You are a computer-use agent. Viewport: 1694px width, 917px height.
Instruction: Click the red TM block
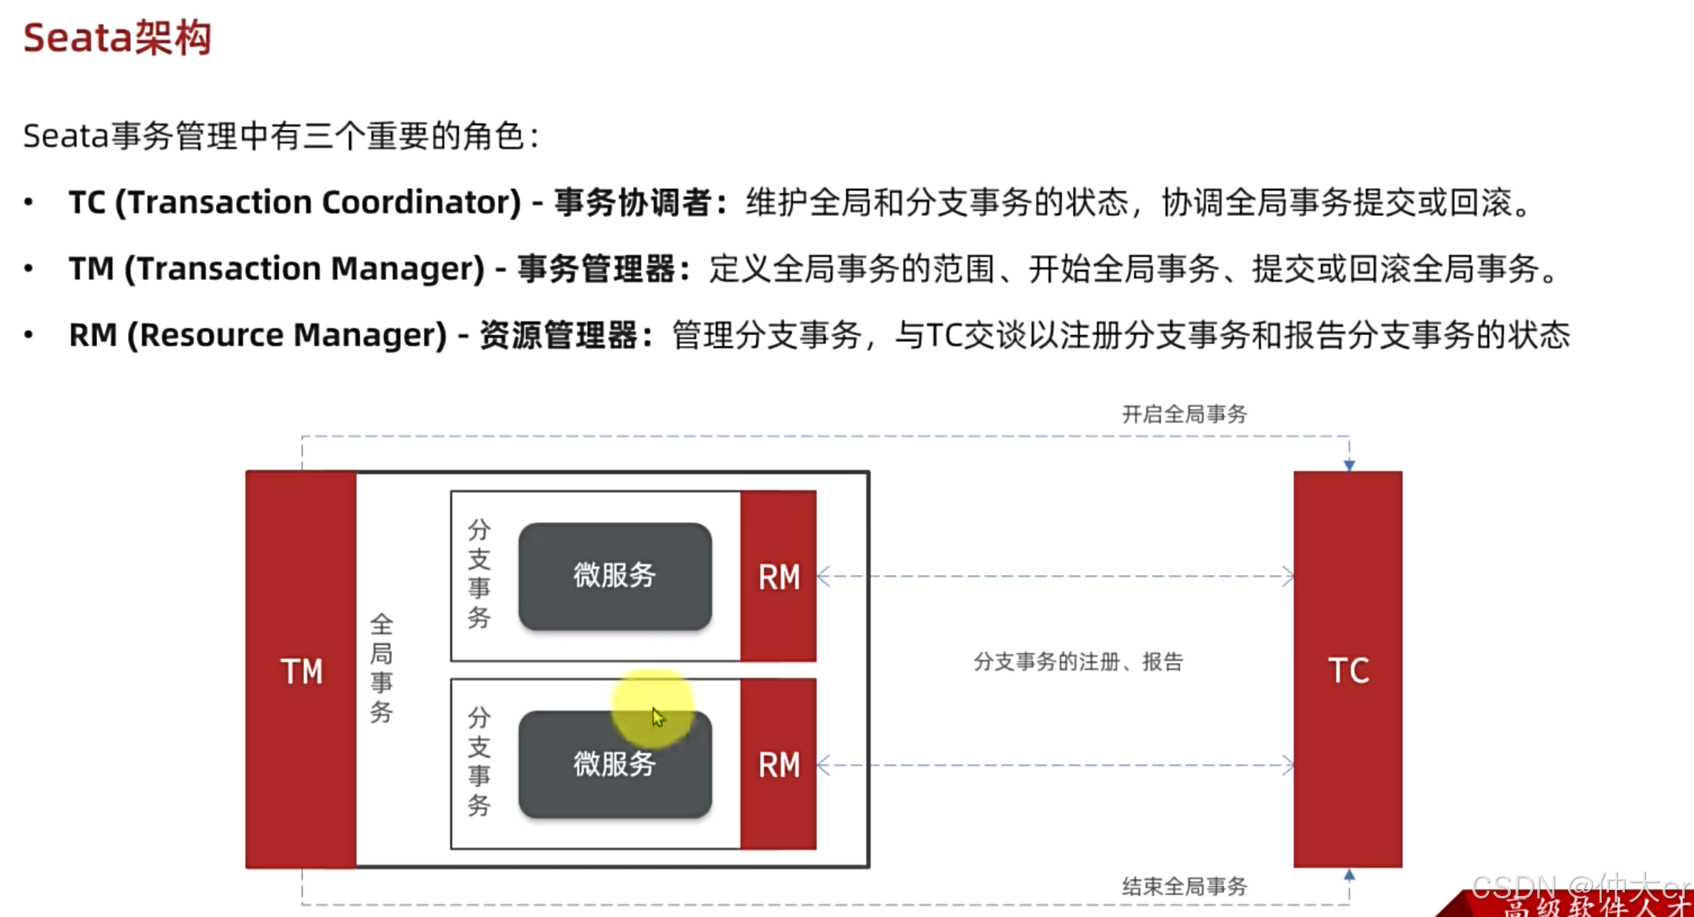coord(301,670)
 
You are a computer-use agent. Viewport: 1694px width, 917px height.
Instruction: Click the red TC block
coord(1348,670)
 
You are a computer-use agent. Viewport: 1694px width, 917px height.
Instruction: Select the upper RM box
coord(778,576)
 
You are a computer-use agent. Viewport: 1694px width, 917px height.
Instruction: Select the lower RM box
coord(778,764)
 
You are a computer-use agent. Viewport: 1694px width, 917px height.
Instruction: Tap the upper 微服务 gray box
coord(615,576)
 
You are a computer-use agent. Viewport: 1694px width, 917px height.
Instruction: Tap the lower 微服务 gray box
coord(615,765)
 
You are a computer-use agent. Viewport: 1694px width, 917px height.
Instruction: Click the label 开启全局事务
coord(1184,414)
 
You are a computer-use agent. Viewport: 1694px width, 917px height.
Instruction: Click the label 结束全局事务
coord(1184,886)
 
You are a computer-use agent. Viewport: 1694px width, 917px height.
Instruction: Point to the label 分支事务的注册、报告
coord(1078,661)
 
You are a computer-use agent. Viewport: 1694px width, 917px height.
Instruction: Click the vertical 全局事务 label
coord(381,668)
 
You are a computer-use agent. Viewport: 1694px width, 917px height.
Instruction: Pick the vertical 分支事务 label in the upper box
coord(479,574)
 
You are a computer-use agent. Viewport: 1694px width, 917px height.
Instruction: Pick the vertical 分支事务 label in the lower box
coord(479,762)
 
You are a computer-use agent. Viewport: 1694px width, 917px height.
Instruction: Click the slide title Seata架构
coord(117,38)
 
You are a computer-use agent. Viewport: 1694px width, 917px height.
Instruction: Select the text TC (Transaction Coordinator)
coord(294,202)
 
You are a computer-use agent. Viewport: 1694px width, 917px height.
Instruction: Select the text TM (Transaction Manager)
coord(277,269)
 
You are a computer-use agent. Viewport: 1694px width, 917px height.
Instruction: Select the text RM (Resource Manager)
coord(257,335)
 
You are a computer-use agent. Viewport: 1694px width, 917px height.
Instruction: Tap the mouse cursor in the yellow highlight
coord(658,717)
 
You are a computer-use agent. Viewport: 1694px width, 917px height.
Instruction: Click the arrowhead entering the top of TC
coord(1349,465)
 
